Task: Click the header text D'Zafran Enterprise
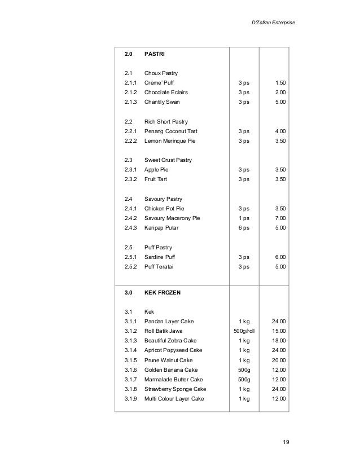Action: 273,22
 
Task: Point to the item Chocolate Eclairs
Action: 166,92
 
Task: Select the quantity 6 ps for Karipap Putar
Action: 244,227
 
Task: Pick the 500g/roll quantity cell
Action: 244,331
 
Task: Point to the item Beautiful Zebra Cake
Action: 170,341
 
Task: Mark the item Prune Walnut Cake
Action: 168,360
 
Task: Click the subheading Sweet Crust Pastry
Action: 168,160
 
